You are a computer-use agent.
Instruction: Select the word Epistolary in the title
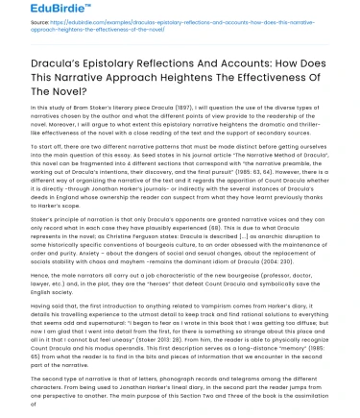(118, 66)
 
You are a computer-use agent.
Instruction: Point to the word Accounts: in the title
(258, 66)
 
